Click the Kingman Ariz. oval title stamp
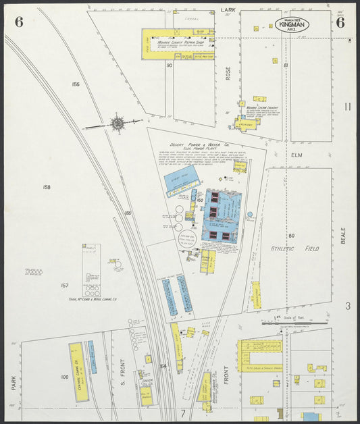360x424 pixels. (x=293, y=25)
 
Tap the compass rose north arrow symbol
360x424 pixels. (x=117, y=124)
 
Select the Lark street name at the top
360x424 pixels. (x=228, y=11)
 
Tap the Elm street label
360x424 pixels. (x=295, y=155)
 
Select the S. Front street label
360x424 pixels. (x=124, y=374)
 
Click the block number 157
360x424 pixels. (x=65, y=286)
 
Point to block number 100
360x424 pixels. (x=65, y=377)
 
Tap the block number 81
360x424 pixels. (x=286, y=65)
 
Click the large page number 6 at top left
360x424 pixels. (x=19, y=22)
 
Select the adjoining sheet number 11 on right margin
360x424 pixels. (x=347, y=106)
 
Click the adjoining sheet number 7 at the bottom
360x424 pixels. (x=182, y=412)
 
